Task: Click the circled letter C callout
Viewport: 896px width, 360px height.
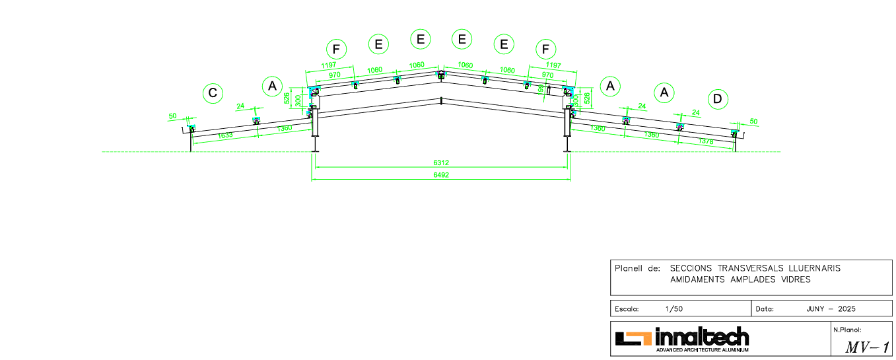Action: (x=213, y=93)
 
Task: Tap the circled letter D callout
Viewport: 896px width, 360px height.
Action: (x=718, y=100)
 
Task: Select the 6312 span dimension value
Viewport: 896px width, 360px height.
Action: (x=442, y=162)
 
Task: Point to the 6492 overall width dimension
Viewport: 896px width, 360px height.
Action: (x=442, y=175)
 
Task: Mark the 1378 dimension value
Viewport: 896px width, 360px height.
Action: (x=706, y=141)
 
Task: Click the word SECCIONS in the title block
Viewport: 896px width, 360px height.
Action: (x=692, y=268)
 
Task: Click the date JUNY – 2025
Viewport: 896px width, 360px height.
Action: (x=831, y=308)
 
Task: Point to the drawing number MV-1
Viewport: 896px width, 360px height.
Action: (x=867, y=347)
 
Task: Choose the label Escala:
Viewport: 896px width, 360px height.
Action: (x=627, y=308)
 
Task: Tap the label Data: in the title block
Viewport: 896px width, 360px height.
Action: (x=765, y=308)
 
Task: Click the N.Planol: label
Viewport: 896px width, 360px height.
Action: (x=847, y=329)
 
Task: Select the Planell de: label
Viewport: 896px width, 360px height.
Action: (x=637, y=268)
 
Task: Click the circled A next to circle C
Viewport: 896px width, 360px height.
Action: (x=272, y=86)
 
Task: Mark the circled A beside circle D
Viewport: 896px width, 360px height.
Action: (x=664, y=93)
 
